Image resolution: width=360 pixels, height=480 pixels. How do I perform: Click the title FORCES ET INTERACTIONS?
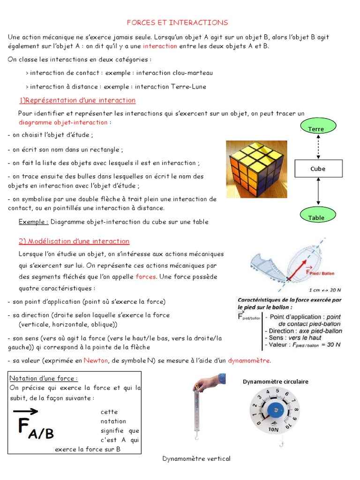click(178, 22)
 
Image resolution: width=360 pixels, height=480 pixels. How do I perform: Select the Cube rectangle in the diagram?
click(318, 169)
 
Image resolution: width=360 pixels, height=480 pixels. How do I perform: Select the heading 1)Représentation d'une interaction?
click(77, 100)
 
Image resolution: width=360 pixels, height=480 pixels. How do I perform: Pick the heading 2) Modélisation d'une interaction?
click(74, 241)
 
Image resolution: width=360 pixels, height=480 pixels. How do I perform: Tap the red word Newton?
click(96, 360)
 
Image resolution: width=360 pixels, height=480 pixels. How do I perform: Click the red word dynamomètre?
click(249, 360)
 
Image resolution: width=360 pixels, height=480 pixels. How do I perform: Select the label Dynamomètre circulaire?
click(275, 382)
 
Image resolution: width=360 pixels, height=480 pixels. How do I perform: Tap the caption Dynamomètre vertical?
click(196, 458)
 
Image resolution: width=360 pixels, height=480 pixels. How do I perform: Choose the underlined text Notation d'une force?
click(44, 378)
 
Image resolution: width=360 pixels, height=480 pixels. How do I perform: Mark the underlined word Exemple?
click(33, 222)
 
